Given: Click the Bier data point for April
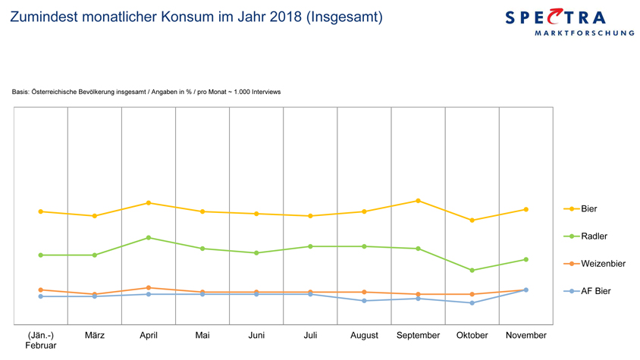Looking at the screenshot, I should tap(149, 203).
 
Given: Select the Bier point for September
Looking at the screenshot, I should tap(418, 201).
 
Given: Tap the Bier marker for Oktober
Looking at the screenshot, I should tap(472, 221).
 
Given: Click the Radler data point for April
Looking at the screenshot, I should tap(149, 238).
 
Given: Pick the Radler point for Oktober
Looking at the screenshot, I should tap(472, 271).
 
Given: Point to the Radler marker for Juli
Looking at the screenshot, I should tap(310, 246).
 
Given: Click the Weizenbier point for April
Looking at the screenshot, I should tap(149, 288).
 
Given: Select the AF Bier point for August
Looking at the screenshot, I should tap(364, 301).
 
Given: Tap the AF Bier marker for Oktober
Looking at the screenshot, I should tap(472, 303).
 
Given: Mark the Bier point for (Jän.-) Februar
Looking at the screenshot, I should tap(41, 211).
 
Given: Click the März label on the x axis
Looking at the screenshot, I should tap(95, 335).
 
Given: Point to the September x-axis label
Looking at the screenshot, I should tap(418, 335).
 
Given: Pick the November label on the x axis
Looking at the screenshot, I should tap(525, 335).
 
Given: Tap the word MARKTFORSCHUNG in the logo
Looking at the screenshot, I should tap(584, 33).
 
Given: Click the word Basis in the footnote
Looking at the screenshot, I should tap(20, 92).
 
